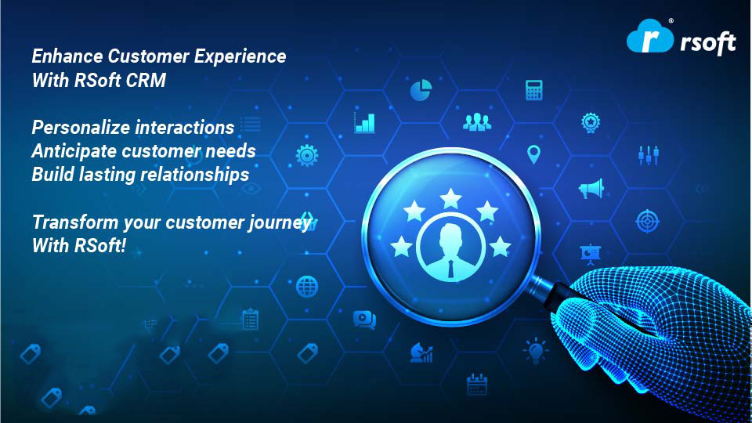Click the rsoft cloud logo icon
pos(650,36)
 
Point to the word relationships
pos(202,175)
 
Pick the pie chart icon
pos(421,89)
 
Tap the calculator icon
pos(533,89)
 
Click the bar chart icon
pos(364,123)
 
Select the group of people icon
pos(477,122)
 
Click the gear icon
pos(307,155)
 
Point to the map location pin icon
pos(533,154)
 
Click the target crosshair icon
pos(648,221)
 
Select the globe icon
pos(307,287)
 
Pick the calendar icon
pos(477,385)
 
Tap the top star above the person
pos(450,198)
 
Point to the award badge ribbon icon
pos(591,123)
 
